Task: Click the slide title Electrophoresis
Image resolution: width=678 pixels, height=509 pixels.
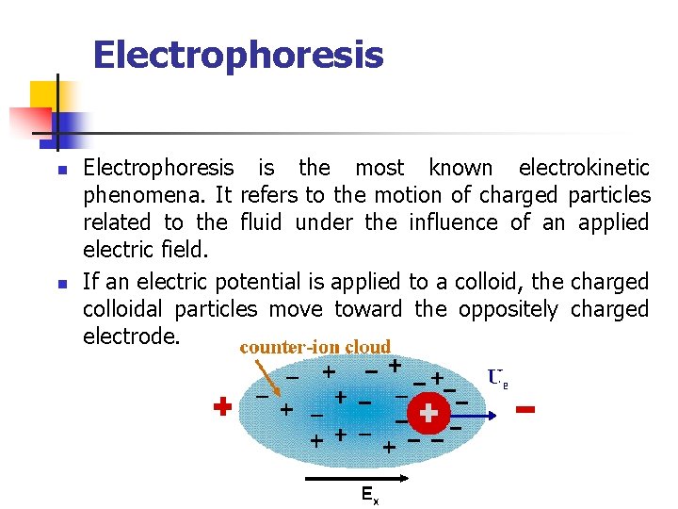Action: pyautogui.click(x=238, y=55)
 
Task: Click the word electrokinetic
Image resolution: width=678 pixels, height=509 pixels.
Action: pyautogui.click(x=584, y=169)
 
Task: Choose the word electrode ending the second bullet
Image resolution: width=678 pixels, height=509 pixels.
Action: pyautogui.click(x=131, y=337)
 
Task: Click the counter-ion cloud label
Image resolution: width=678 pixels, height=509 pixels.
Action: pyautogui.click(x=315, y=347)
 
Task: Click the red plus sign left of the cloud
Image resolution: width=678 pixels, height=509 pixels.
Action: pyautogui.click(x=221, y=407)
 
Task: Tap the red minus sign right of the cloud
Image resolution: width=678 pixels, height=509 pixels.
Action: pyautogui.click(x=526, y=410)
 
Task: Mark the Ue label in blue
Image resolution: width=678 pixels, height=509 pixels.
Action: pyautogui.click(x=498, y=378)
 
